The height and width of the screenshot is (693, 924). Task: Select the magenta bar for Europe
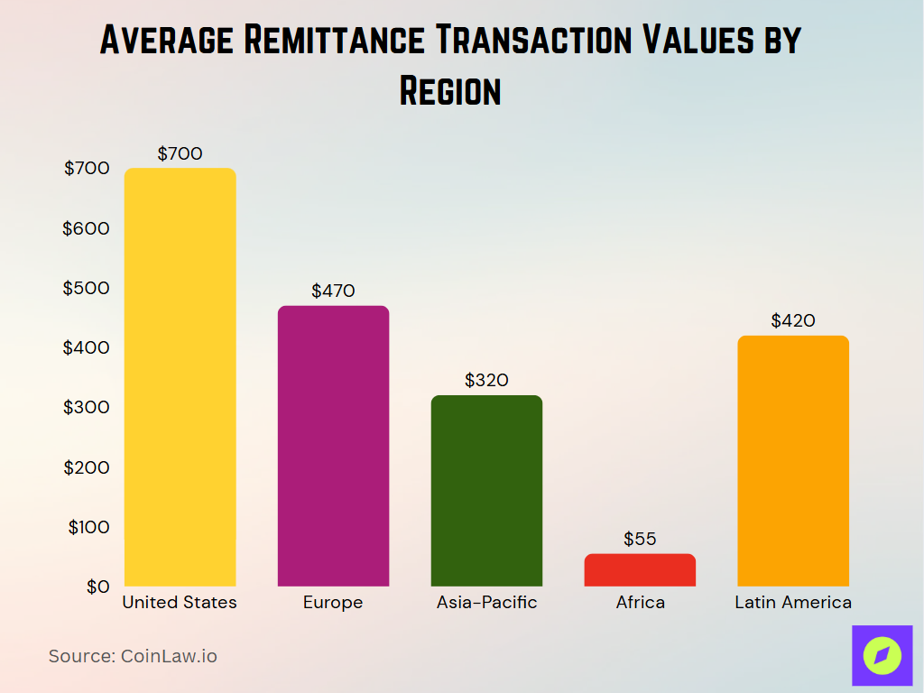[x=333, y=446]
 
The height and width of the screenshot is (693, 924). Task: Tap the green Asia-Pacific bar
[x=486, y=491]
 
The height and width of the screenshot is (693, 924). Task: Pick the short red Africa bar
[x=640, y=570]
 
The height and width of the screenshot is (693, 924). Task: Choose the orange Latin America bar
[x=793, y=461]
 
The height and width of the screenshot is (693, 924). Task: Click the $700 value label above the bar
[x=180, y=153]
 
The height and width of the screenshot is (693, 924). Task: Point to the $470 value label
[x=333, y=291]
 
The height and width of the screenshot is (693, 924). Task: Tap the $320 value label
[x=486, y=380]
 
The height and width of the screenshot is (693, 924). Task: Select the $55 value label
[x=640, y=539]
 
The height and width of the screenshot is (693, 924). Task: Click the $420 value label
[x=793, y=320]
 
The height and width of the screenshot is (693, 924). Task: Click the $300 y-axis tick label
[x=86, y=407]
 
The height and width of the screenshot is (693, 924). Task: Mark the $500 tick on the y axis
[x=86, y=288]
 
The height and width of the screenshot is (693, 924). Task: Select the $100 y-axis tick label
[x=88, y=527]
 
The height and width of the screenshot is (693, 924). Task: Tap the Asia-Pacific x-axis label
[x=486, y=603]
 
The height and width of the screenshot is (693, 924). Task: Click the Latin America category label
[x=793, y=603]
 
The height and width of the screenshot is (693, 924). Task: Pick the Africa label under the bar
[x=640, y=603]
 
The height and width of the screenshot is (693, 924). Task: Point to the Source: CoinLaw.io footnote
[x=133, y=656]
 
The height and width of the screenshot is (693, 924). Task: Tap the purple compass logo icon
[x=882, y=655]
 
